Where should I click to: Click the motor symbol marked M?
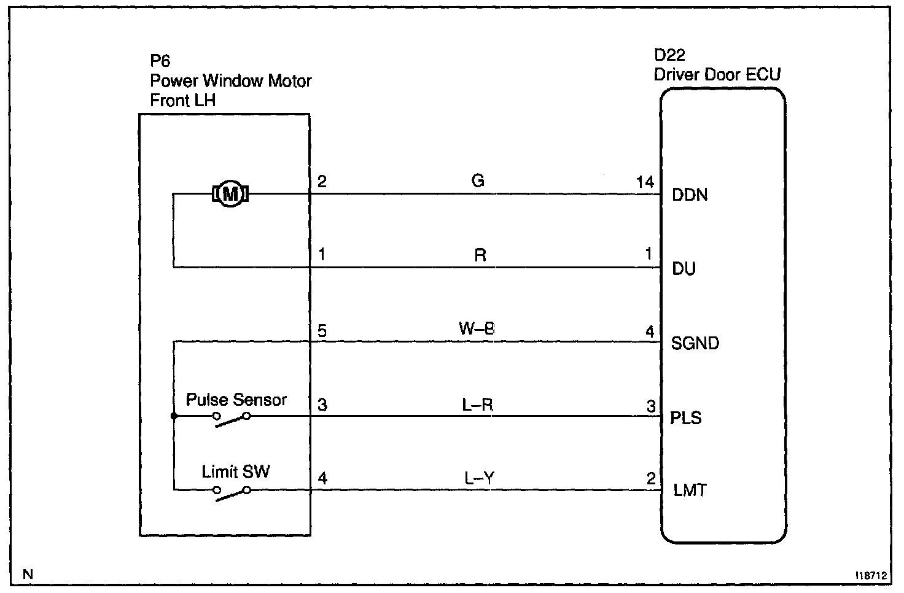(230, 194)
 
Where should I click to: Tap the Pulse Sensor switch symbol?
(232, 419)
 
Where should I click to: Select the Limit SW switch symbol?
(232, 494)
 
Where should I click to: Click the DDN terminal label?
(690, 195)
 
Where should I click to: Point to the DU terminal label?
(684, 269)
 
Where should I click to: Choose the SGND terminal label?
(695, 343)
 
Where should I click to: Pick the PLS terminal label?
(685, 418)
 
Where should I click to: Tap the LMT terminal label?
(690, 490)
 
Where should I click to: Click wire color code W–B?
(477, 329)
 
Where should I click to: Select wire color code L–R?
(477, 405)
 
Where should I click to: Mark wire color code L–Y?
(479, 478)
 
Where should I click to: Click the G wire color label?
(478, 180)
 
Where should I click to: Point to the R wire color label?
(480, 255)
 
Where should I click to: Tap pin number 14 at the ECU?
(645, 182)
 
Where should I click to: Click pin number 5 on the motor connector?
(322, 331)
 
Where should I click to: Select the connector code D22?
(669, 55)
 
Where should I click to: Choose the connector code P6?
(160, 61)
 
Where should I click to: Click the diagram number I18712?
(871, 576)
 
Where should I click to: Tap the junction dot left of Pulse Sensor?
(174, 416)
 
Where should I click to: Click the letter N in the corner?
(28, 574)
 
